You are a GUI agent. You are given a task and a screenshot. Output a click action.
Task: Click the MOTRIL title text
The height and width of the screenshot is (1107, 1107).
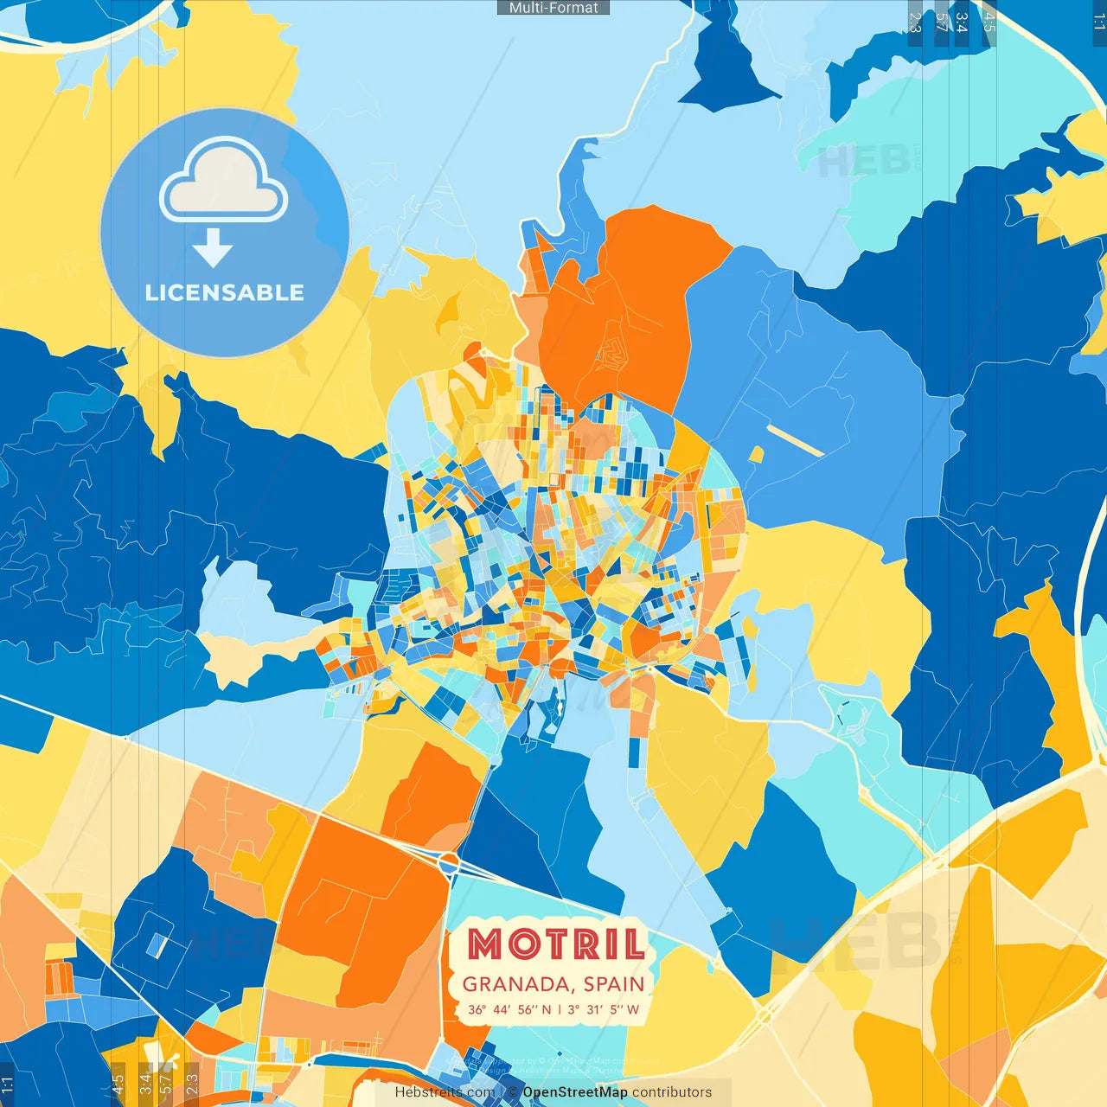pyautogui.click(x=556, y=944)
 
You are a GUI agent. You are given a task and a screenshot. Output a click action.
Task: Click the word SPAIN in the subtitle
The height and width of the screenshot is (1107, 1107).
pyautogui.click(x=614, y=984)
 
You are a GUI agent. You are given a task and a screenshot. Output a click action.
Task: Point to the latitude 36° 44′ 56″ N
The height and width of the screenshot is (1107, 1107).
pyautogui.click(x=509, y=1009)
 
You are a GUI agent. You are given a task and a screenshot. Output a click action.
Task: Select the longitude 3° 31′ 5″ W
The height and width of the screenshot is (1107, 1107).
pyautogui.click(x=604, y=1009)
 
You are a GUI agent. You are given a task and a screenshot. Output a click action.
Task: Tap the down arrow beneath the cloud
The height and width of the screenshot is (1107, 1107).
pyautogui.click(x=213, y=249)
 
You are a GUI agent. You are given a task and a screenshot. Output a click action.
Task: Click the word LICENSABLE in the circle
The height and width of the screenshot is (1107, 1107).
pyautogui.click(x=225, y=292)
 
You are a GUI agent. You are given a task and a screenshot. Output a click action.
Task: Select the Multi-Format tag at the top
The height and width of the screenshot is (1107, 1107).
pyautogui.click(x=553, y=8)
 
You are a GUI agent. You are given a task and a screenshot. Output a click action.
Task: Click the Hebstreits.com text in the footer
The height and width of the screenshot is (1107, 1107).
pyautogui.click(x=445, y=1092)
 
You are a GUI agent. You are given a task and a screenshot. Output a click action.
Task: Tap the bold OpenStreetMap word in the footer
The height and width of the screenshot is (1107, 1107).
pyautogui.click(x=575, y=1092)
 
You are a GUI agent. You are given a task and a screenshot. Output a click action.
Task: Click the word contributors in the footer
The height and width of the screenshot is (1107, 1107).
pyautogui.click(x=672, y=1092)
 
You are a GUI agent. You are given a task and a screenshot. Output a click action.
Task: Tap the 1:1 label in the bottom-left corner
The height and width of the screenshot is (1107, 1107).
pyautogui.click(x=7, y=1085)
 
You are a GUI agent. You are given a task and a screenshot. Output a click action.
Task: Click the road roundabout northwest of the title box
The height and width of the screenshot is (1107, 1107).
pyautogui.click(x=449, y=862)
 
